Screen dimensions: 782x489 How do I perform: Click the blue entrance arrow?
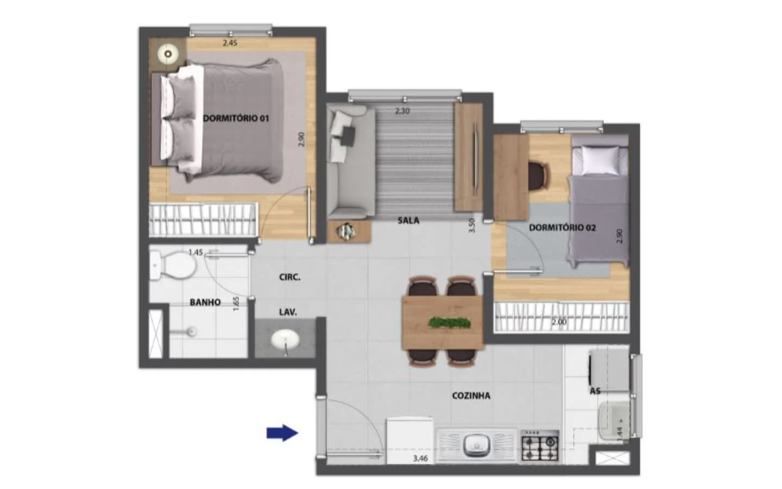tap(282, 433)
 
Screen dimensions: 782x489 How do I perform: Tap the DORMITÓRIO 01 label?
tap(236, 118)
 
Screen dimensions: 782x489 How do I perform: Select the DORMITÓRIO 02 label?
tap(563, 228)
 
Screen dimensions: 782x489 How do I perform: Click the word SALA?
tap(408, 221)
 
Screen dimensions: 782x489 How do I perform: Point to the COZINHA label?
tap(471, 396)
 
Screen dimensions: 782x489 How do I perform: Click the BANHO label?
tap(205, 302)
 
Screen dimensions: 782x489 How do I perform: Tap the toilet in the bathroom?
tap(172, 266)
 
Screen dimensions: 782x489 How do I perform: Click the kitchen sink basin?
tap(477, 446)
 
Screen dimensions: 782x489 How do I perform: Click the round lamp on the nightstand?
tap(168, 54)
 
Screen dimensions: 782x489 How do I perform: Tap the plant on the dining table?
tap(449, 322)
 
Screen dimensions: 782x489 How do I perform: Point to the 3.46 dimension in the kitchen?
tap(420, 459)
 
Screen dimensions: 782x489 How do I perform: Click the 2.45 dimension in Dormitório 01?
tap(230, 43)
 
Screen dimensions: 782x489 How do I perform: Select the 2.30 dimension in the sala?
tap(402, 111)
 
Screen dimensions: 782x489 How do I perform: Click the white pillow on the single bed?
tap(600, 160)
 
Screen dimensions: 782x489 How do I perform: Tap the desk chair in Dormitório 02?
tap(539, 177)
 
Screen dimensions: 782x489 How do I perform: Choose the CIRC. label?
tap(290, 277)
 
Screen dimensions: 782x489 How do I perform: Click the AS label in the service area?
tap(595, 391)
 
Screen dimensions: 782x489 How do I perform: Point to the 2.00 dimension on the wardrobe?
tap(559, 322)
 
